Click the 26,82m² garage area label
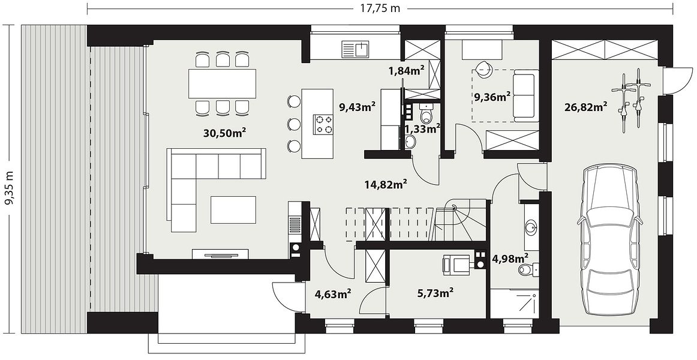[586, 107]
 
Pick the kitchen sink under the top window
[356, 48]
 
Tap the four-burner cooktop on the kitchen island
[323, 124]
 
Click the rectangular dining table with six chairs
[223, 83]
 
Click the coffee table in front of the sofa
[233, 210]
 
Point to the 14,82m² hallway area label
[386, 184]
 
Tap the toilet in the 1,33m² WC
[426, 114]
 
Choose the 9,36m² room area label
[492, 97]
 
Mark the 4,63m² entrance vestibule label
[334, 294]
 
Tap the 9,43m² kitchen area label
[357, 107]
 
